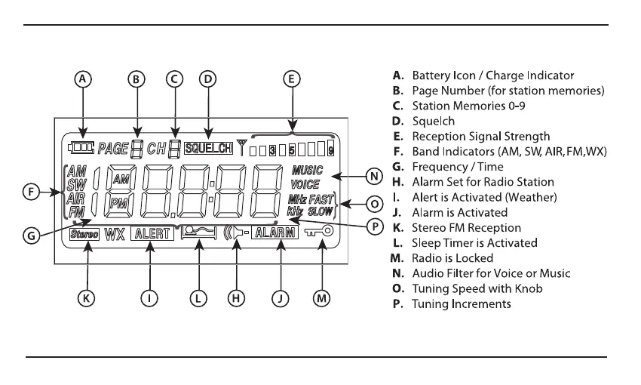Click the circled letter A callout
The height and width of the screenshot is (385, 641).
tap(85, 79)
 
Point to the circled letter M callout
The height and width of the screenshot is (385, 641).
tap(322, 299)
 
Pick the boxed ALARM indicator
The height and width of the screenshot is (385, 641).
tap(274, 233)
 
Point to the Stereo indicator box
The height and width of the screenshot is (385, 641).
tap(84, 234)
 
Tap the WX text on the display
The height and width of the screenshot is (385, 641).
tap(115, 234)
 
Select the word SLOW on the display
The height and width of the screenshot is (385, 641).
tap(320, 211)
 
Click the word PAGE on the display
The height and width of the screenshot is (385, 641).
tap(113, 149)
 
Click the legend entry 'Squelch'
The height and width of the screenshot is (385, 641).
tap(433, 121)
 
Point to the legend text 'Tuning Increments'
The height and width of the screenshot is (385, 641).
tap(461, 304)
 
